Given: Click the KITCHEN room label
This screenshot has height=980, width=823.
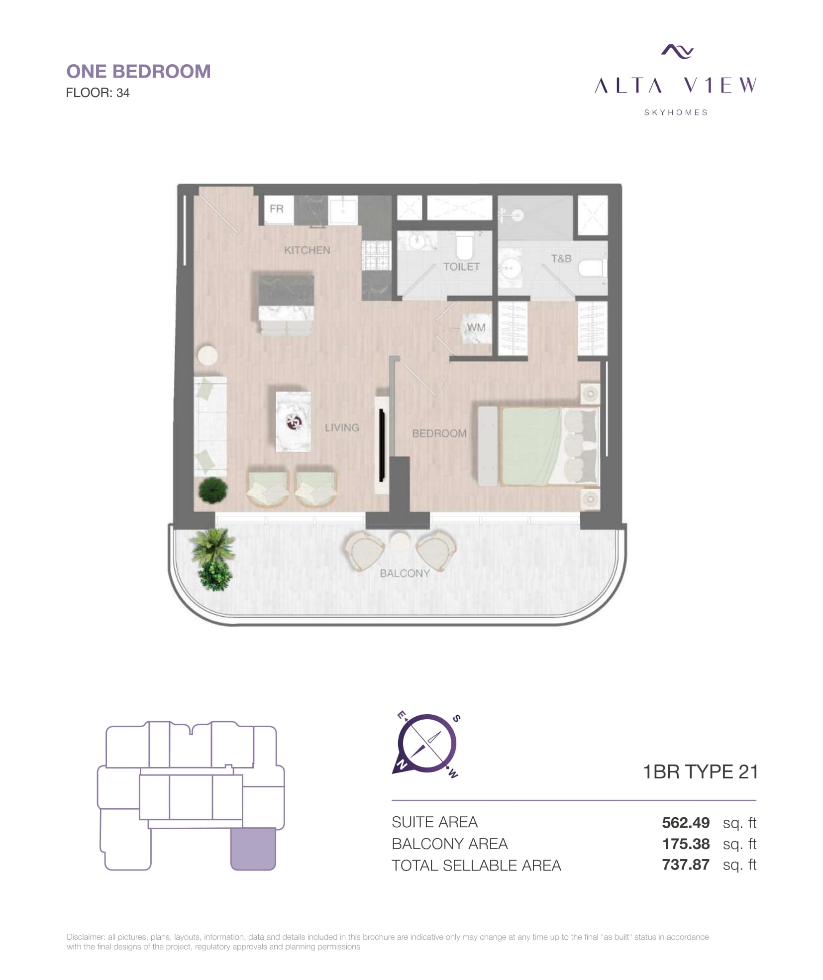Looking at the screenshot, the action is pos(307,250).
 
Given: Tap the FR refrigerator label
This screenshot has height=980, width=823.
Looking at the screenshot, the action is pos(276,209).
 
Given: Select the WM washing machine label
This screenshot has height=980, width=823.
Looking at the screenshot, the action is pos(476,327).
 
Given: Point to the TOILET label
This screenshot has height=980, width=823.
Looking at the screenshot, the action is pos(461,267).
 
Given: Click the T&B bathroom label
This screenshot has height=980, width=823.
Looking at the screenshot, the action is pos(561,259).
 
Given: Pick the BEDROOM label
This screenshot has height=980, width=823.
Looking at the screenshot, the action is pos(439,434).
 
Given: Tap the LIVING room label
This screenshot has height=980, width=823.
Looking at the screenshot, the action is pos(342,428).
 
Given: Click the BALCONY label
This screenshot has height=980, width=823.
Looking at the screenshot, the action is pos(405,573).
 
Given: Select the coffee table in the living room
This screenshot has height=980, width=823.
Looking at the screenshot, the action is pos(294,421).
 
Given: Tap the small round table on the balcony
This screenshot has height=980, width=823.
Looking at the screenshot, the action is pos(400,543).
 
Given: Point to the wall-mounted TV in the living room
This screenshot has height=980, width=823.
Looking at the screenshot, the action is pos(382,444).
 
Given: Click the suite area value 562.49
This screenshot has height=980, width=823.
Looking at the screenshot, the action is pos(685,823).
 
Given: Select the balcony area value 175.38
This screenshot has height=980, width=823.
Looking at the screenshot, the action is pos(686,844).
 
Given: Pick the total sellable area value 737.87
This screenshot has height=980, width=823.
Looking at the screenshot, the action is pos(685,865).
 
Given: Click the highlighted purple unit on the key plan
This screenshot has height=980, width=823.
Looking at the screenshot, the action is pos(253,849).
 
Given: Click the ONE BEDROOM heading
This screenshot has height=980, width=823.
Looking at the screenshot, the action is pos(138,72).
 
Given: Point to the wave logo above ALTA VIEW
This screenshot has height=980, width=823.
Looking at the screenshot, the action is pos(677,51).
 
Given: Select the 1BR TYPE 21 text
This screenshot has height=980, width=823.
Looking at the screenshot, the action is pos(700,772).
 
